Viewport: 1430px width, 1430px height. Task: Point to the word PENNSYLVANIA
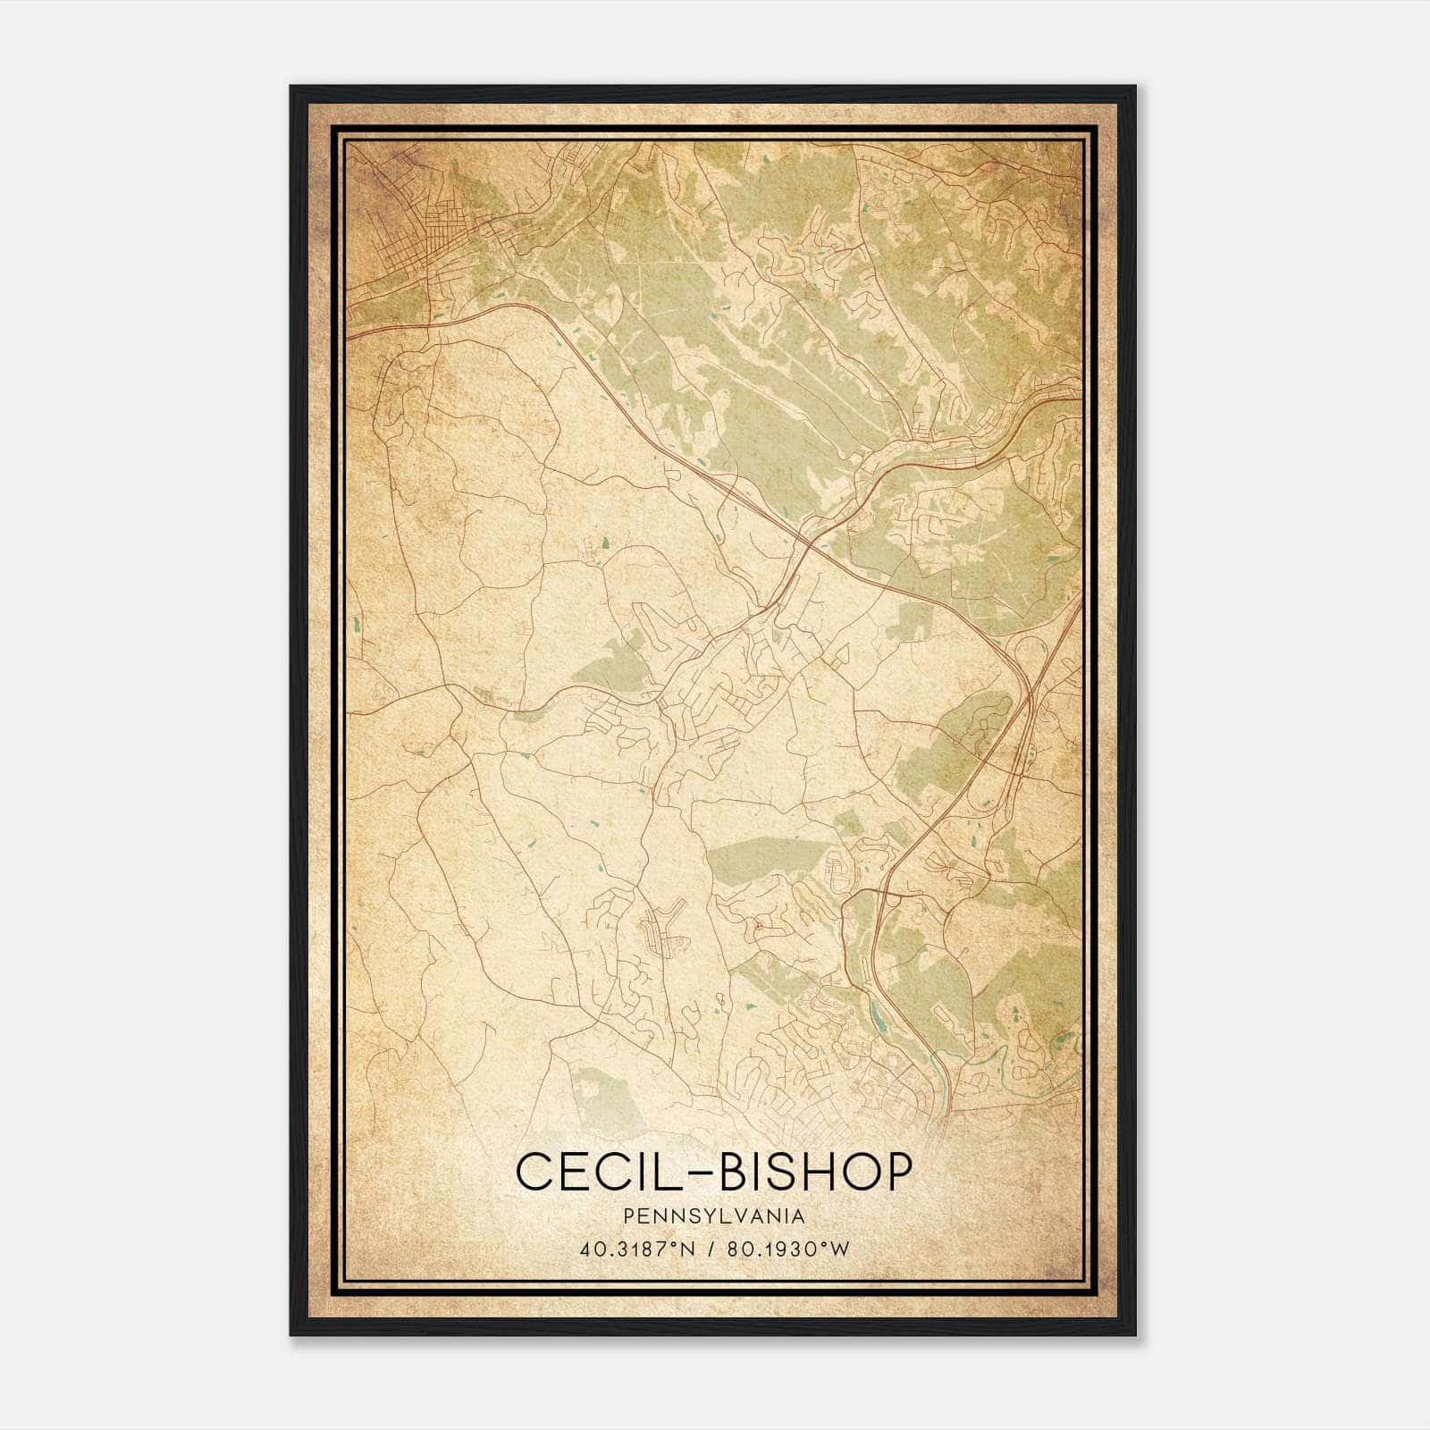point(714,1216)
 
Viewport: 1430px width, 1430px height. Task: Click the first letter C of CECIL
point(534,1172)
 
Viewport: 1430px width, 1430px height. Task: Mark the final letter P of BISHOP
point(897,1172)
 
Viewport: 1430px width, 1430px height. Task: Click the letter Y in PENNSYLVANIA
point(709,1216)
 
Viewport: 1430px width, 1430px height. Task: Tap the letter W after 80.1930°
point(839,1249)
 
